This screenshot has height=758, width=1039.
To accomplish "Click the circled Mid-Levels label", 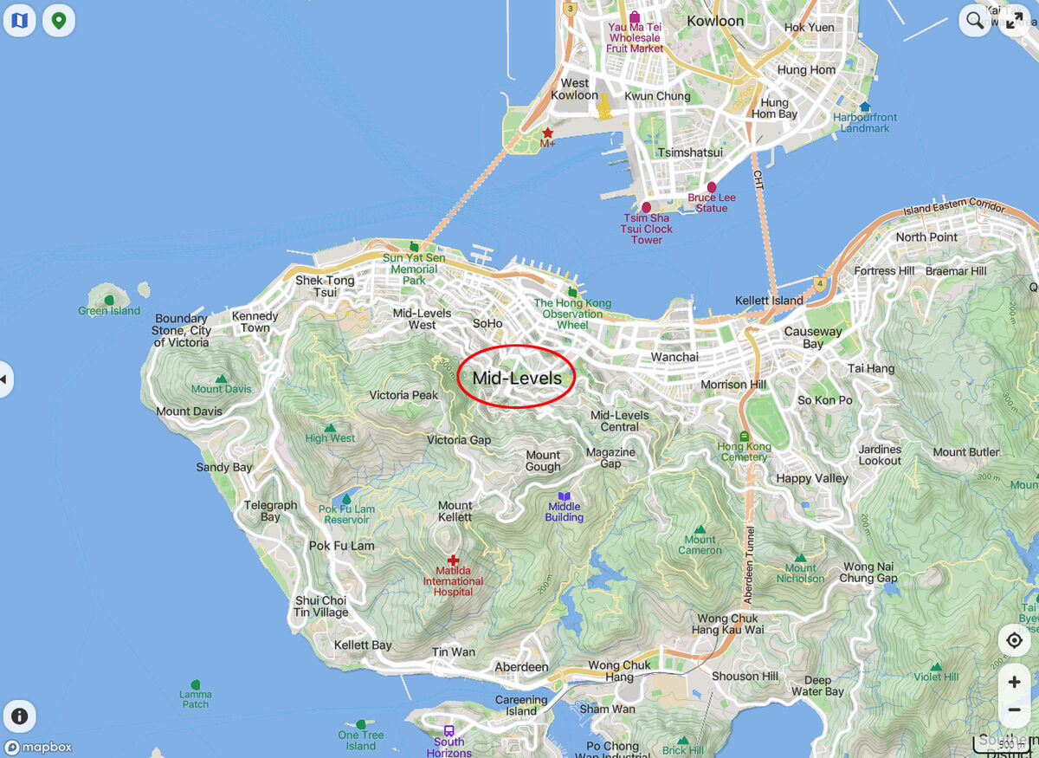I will coord(517,378).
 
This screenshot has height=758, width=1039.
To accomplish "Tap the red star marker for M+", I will coord(547,133).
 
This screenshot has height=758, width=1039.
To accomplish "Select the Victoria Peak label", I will coord(403,395).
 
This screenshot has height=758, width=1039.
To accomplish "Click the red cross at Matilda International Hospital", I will coord(453,560).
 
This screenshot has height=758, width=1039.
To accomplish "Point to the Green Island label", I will coord(109,311).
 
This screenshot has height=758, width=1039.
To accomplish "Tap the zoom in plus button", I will coord(1014,682).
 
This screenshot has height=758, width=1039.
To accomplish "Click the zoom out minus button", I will coord(1014,710).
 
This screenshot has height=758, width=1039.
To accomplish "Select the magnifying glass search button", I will coord(975,21).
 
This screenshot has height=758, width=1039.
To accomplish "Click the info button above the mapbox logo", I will coord(19,716).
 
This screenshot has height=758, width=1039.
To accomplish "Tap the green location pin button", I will coord(58,20).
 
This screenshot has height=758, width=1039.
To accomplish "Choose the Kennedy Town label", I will coord(255,321).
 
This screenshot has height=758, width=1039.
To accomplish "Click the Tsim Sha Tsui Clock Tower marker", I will coord(646,208).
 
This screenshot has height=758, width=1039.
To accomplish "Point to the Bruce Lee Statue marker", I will coord(712,187).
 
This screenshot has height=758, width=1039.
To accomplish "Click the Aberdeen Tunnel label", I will coord(750,554).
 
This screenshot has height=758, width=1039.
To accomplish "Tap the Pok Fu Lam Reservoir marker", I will coord(346,499).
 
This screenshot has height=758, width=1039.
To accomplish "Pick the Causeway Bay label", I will coord(812,337).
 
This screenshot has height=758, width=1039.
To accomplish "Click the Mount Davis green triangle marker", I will coord(222,379).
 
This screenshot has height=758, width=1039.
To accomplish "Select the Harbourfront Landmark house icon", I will coord(865,107).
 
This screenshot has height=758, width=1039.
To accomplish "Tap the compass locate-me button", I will coord(1014,640).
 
